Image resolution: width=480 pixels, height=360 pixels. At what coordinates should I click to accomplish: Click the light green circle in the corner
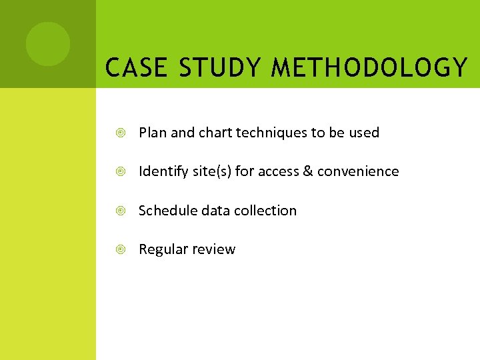tap(47, 44)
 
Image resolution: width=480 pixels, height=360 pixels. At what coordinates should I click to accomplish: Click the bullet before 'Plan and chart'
tap(121, 133)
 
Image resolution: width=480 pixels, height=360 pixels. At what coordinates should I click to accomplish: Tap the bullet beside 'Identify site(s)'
tap(121, 172)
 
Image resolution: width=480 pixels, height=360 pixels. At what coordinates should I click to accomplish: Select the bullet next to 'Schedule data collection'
tap(121, 211)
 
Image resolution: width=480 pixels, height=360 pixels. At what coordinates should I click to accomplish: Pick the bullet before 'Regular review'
tap(121, 249)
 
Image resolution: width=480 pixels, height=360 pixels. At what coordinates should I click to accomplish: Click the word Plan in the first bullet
tap(153, 133)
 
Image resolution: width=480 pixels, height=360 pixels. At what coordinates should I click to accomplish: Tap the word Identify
tap(161, 171)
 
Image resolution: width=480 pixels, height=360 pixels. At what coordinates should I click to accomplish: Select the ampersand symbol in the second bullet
tap(308, 171)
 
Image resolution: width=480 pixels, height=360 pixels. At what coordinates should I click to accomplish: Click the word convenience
tap(358, 171)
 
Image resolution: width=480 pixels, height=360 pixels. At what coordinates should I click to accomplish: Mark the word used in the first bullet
tap(364, 133)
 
